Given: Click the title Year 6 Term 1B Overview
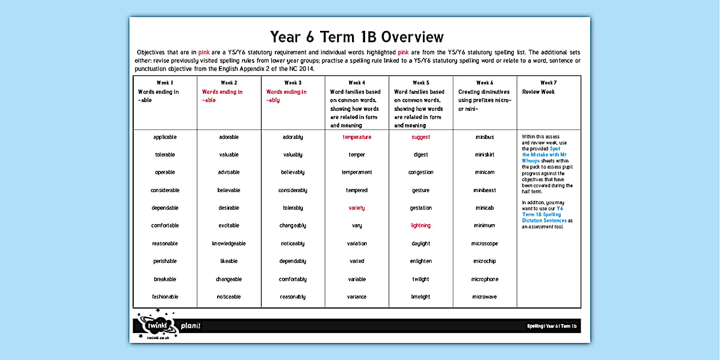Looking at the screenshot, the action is tap(357, 37).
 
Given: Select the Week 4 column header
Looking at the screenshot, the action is tap(357, 83).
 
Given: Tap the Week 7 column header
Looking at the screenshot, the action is tap(549, 83).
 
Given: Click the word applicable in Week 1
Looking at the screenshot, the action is tap(165, 137).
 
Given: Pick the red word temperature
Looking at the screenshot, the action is tap(357, 137).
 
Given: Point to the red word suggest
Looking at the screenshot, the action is tap(421, 137).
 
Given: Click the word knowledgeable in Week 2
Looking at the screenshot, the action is tap(229, 243).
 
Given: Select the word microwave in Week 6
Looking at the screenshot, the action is tap(485, 297).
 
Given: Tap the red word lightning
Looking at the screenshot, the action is tap(421, 226).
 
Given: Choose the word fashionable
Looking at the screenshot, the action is tap(165, 297).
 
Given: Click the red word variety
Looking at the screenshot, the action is tap(357, 208).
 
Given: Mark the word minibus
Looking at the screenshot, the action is tap(485, 137).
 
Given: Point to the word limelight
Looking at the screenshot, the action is tap(421, 297).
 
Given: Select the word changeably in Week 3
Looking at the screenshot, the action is tap(293, 226).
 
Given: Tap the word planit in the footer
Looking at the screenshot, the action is tap(191, 326).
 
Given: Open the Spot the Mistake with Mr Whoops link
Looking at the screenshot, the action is tap(544, 155).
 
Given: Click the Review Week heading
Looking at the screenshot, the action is tap(538, 91).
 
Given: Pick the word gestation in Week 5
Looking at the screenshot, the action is tap(421, 208).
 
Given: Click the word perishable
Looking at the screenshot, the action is tap(165, 261).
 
